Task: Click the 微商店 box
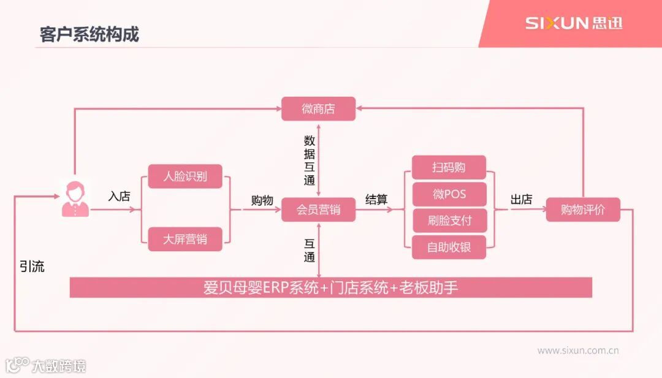(318, 109)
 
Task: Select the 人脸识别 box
(185, 176)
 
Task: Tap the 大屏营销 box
(185, 239)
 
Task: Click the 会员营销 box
(318, 210)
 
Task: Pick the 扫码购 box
(449, 167)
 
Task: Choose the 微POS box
(449, 194)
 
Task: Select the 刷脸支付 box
(449, 221)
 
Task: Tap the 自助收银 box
(449, 248)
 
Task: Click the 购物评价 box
(582, 210)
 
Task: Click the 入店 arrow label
(120, 197)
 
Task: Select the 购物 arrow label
(262, 200)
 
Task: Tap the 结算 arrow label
(376, 200)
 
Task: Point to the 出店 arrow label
(521, 200)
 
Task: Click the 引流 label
(32, 267)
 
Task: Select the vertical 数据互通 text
(310, 160)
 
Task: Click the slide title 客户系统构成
(89, 34)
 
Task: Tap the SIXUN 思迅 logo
(573, 23)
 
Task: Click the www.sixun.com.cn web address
(577, 351)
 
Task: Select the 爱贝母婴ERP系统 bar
(330, 287)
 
